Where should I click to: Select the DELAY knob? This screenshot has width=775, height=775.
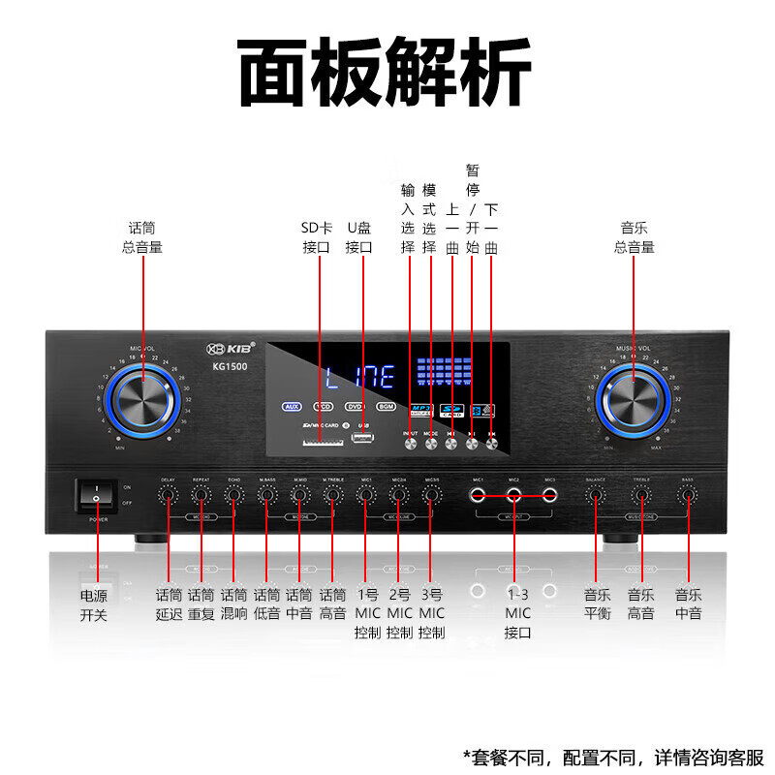(169, 495)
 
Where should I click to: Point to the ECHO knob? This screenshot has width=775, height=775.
(233, 495)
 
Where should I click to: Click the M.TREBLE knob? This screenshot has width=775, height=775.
(332, 495)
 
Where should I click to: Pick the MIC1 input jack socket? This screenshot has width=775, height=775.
(478, 495)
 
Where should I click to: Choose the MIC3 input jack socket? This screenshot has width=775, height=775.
(549, 495)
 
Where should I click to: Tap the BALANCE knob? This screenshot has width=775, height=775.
(595, 495)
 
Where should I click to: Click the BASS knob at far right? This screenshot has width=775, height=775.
(688, 495)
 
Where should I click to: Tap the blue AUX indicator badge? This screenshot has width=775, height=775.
(294, 407)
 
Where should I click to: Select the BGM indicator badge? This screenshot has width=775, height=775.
(386, 407)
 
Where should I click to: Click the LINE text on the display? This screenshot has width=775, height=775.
(359, 377)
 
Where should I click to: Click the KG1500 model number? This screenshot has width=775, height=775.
(232, 367)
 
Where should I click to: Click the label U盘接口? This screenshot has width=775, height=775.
(358, 237)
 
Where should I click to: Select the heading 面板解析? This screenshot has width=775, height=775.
(386, 74)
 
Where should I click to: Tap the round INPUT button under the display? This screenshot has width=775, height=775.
(410, 444)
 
